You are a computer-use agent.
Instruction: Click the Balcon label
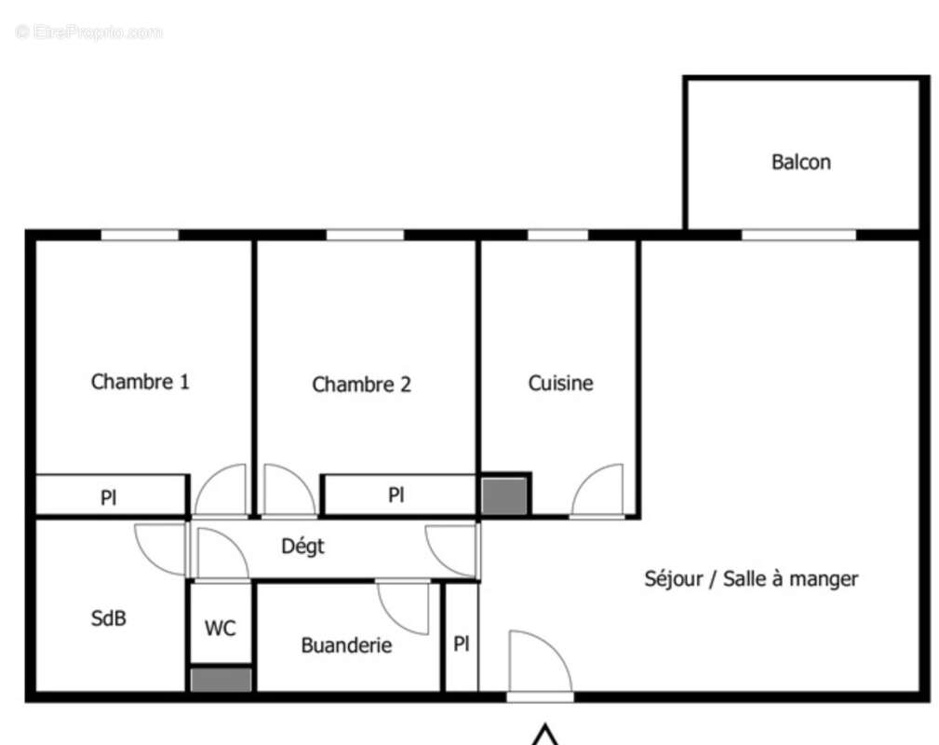pyautogui.click(x=800, y=162)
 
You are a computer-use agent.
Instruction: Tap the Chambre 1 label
pyautogui.click(x=141, y=382)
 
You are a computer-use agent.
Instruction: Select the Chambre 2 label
pyautogui.click(x=361, y=385)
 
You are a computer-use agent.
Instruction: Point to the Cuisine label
pyautogui.click(x=560, y=383)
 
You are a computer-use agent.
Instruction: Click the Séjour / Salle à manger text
pyautogui.click(x=751, y=578)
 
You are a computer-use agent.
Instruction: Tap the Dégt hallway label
pyautogui.click(x=303, y=547)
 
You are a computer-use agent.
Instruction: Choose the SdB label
pyautogui.click(x=108, y=617)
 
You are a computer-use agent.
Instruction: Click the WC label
pyautogui.click(x=221, y=629)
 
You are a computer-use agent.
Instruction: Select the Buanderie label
pyautogui.click(x=346, y=645)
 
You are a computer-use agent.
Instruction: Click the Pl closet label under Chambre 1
pyautogui.click(x=109, y=498)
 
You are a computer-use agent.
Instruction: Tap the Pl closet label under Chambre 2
pyautogui.click(x=396, y=495)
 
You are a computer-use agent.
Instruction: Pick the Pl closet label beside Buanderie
pyautogui.click(x=462, y=643)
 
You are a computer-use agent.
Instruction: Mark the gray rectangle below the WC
pyautogui.click(x=221, y=680)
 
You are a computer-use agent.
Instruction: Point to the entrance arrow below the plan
pyautogui.click(x=545, y=736)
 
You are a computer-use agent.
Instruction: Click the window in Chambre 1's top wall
pyautogui.click(x=140, y=236)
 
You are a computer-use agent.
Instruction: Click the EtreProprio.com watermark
pyautogui.click(x=89, y=33)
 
